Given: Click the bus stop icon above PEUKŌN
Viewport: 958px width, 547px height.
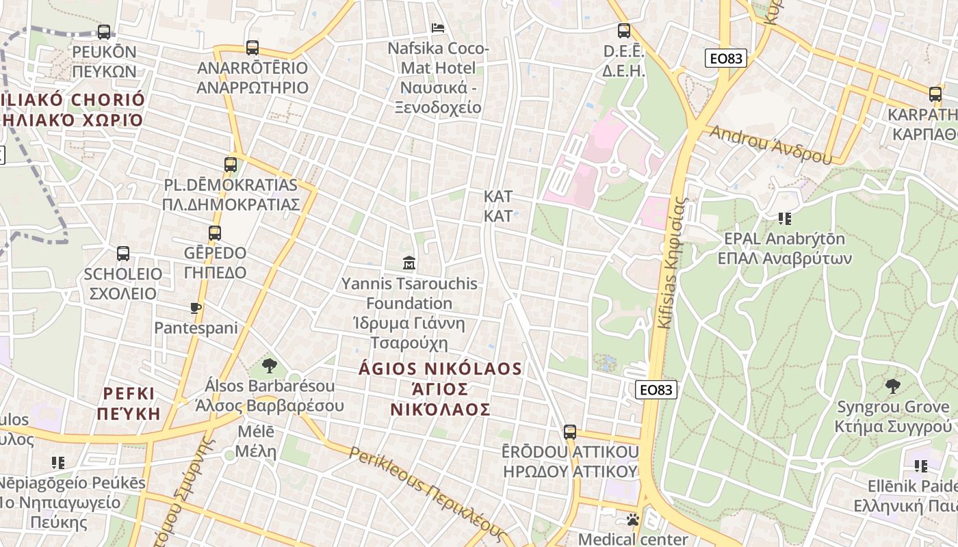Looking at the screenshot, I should point(104,31).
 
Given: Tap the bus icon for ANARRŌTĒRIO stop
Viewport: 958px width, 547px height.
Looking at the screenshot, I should point(253,48).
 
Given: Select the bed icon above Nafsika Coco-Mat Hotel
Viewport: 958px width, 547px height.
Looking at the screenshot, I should point(438,28).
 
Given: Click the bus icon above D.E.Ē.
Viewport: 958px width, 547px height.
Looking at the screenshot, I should point(624,31).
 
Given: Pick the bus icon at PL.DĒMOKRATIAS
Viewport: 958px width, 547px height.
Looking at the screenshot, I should point(231,165).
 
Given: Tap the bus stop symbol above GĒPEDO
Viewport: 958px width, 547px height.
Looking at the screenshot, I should point(215,232).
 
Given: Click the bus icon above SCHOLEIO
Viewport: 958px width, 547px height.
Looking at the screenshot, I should point(123,254).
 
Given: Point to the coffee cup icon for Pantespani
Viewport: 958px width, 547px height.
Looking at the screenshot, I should point(196,308).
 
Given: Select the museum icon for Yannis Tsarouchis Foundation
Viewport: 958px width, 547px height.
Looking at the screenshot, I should point(409,263).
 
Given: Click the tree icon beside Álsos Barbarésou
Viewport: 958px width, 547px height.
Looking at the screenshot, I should point(270,366).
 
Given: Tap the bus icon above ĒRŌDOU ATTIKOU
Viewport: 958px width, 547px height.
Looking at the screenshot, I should point(570,432).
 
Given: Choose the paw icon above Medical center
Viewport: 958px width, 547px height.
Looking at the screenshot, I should point(633,520).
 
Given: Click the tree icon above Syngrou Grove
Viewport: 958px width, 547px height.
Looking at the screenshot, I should point(893,386).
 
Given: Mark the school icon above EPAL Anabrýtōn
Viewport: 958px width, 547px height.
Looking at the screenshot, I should point(784,219).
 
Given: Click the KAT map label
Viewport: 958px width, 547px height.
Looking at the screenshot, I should point(497,206).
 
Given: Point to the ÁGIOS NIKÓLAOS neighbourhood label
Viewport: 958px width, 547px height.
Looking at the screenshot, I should point(441,388).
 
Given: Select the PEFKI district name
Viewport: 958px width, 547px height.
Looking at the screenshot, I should point(129,403).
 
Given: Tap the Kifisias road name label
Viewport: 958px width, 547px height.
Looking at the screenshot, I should point(671,263).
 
